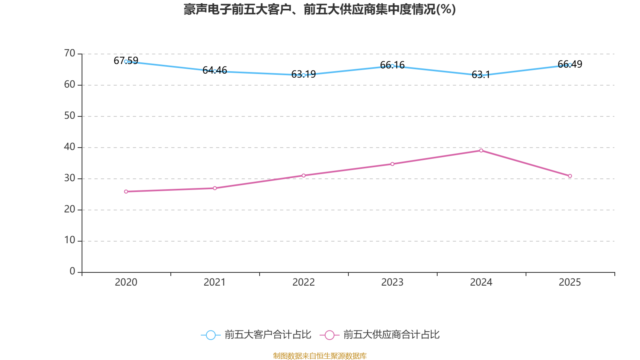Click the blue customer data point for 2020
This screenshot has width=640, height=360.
coord(126,62)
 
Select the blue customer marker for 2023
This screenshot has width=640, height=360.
coord(392,66)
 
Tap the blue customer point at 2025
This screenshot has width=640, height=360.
coord(570,65)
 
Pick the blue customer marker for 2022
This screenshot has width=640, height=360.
coord(304,75)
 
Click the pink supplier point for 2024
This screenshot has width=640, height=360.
coord(481,151)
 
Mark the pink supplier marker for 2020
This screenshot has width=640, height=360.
coord(126,192)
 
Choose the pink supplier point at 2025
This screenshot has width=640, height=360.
coord(570,176)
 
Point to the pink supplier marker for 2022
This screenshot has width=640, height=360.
coord(304,176)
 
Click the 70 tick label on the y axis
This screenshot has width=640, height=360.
coord(70,53)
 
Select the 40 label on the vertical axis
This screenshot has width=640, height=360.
coord(70,147)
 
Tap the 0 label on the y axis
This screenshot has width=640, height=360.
coord(72,272)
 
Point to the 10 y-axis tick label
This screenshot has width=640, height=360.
coord(70,240)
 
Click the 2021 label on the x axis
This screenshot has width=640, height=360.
coord(215,282)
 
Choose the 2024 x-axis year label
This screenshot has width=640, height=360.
coord(481,282)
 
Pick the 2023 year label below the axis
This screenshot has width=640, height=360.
coord(392,282)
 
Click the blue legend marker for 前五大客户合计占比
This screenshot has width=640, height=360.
coord(210,335)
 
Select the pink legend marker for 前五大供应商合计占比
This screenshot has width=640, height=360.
coord(329,335)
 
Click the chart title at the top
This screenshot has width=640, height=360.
coord(320,10)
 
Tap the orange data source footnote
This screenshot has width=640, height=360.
coord(320,356)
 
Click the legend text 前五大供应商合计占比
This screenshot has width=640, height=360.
coord(391,335)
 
